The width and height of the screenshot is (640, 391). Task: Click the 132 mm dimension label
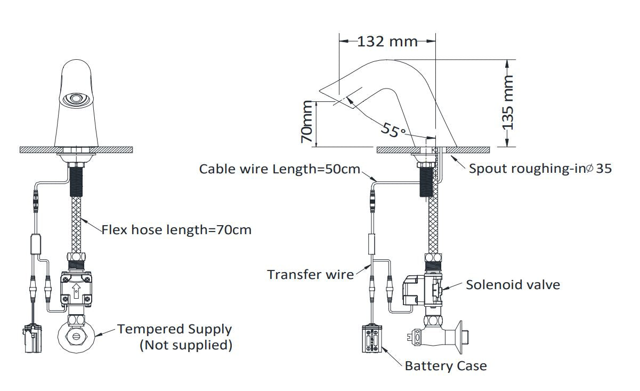[x=387, y=42]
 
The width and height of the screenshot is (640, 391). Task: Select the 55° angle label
[x=393, y=130]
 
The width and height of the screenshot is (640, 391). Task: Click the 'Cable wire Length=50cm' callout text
[x=280, y=169]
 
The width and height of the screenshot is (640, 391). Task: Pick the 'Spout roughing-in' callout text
[x=540, y=169]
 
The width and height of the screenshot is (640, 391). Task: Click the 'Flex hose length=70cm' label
[x=176, y=230]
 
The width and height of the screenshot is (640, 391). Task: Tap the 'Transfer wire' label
[x=310, y=275]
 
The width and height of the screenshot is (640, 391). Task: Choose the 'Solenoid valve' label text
[x=513, y=285]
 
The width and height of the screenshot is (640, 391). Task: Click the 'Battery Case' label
[x=445, y=366]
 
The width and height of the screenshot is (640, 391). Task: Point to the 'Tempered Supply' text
[x=175, y=329]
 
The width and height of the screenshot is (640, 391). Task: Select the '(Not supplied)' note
[x=185, y=345]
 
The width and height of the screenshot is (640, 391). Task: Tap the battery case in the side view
[x=372, y=339]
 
